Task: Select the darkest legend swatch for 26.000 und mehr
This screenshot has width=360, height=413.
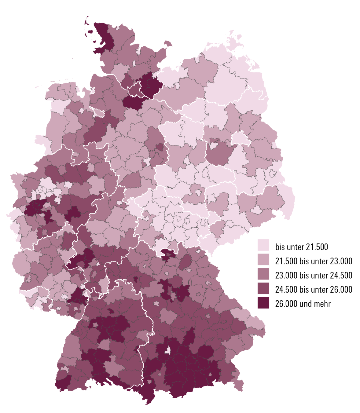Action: coord(263,303)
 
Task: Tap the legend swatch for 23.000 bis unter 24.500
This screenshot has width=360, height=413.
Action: coord(263,274)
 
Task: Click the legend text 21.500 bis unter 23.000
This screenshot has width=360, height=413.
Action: coord(314,261)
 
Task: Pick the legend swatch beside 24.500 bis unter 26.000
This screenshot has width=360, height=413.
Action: coord(263,288)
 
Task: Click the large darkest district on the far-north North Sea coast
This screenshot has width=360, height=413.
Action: coord(104,38)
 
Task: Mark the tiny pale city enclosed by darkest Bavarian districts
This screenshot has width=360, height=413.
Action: coord(167,350)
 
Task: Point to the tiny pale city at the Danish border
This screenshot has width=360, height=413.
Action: coord(118,27)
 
